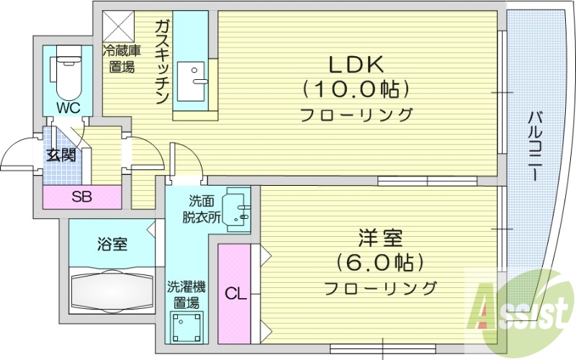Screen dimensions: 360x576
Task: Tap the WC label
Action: point(68,109)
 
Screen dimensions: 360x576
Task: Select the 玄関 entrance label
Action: point(61,155)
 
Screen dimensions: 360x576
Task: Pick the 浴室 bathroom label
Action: point(112,244)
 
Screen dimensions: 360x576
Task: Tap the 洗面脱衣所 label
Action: point(201,208)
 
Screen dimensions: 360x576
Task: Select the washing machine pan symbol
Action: point(188,328)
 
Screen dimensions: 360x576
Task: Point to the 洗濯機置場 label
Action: point(186,294)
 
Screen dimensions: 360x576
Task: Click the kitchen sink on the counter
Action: point(192,76)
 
